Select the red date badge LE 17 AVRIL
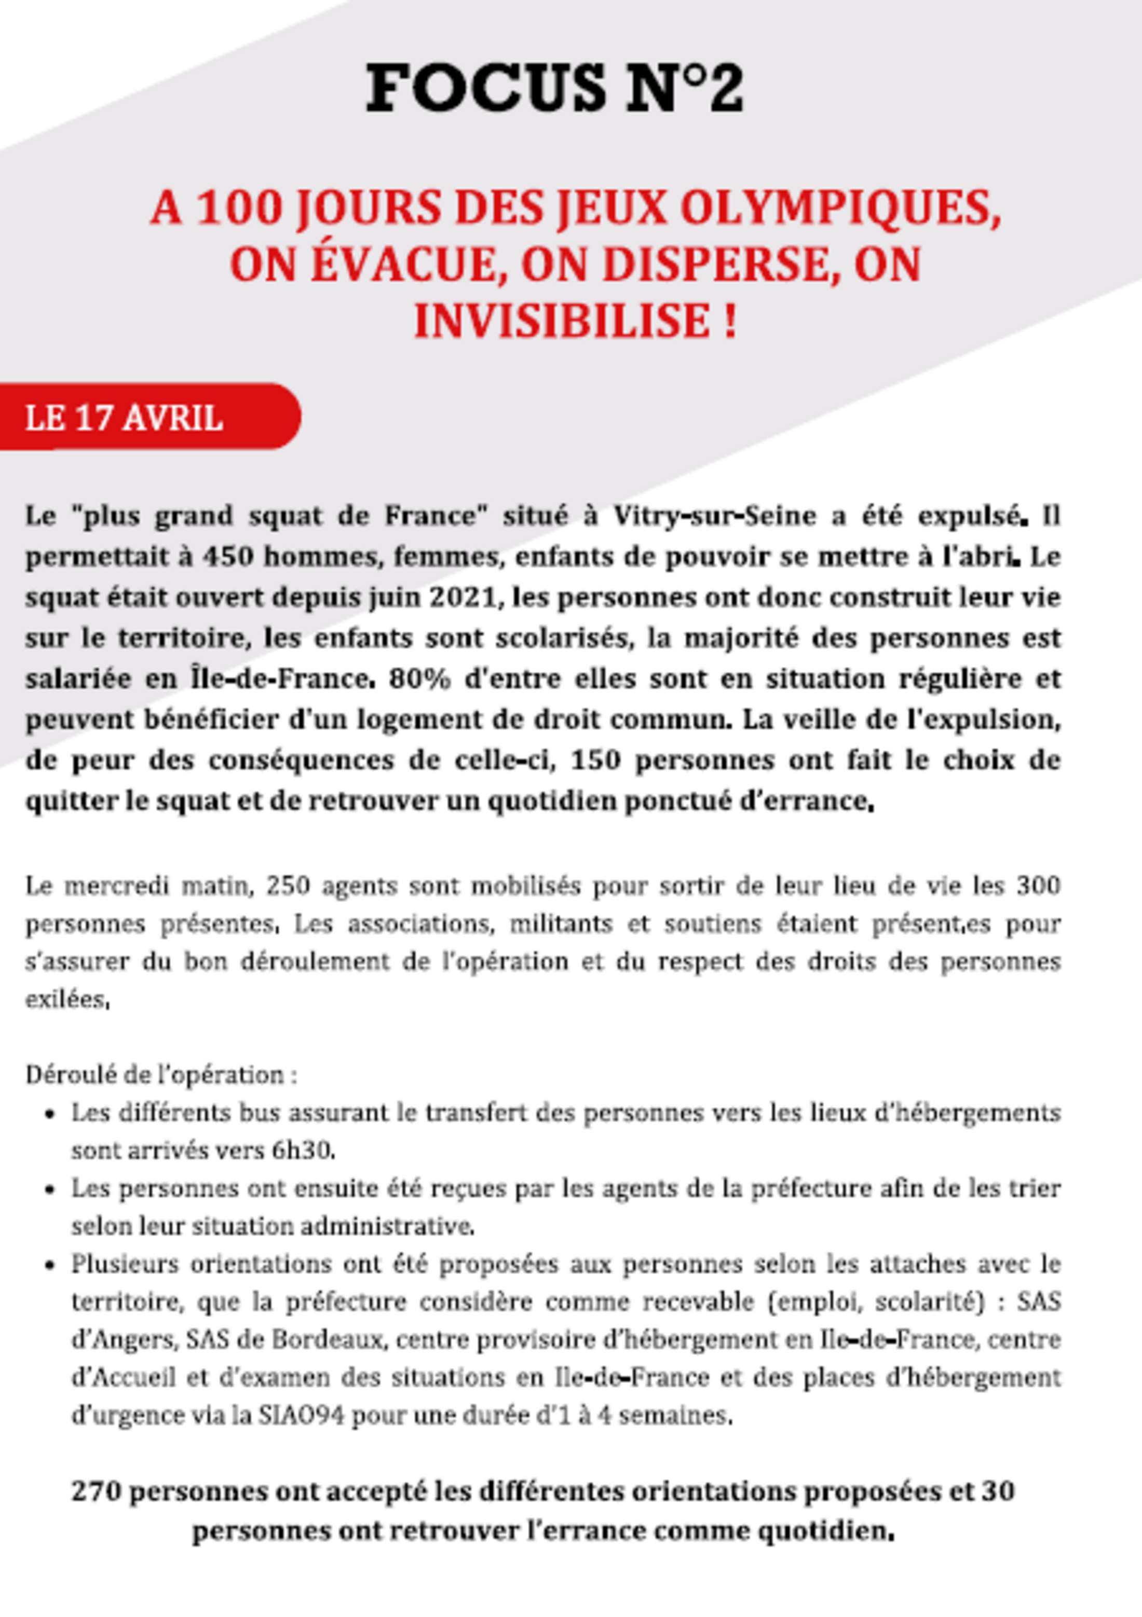pos(124,418)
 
